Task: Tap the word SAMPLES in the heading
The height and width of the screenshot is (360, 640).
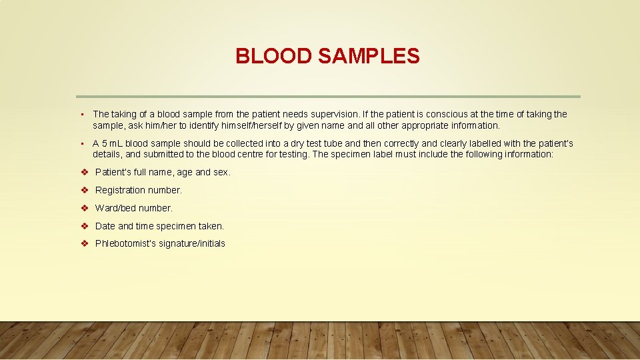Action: point(369,56)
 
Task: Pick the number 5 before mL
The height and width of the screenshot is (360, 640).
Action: point(105,143)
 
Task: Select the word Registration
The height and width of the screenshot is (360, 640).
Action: point(120,190)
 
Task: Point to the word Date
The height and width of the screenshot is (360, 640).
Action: point(105,226)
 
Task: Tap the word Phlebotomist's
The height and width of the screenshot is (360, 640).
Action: point(125,244)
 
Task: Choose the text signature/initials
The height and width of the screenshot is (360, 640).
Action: point(192,244)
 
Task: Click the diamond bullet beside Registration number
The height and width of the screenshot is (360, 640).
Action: point(85,190)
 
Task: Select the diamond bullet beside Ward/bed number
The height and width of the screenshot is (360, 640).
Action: point(85,208)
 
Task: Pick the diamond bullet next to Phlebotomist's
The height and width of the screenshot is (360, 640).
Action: point(85,244)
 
